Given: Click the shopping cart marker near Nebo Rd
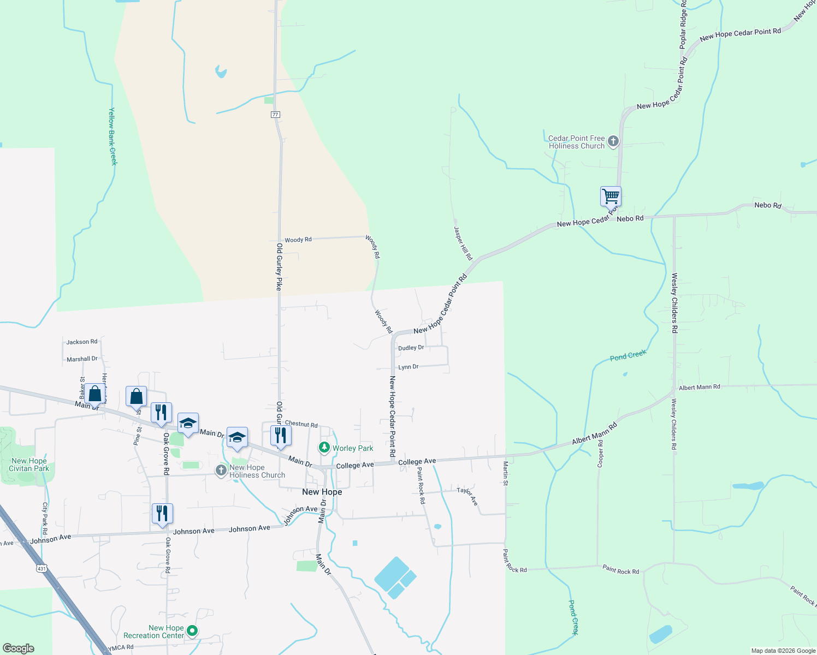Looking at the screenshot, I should coord(611,196).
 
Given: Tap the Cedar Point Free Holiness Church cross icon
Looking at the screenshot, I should coord(613,142).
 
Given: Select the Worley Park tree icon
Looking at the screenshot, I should coord(324,448).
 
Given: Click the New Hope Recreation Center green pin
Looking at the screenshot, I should coord(192,631).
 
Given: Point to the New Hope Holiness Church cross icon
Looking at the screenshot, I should coord(221,471).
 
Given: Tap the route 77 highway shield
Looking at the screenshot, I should coord(275,115).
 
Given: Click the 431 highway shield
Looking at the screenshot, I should coord(42,569).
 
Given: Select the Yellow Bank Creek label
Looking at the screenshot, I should coord(113,136).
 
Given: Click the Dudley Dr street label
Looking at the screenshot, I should coord(411,348).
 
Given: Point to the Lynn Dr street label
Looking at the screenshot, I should coord(408,367).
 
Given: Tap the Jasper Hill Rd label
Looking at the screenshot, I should coord(463,243).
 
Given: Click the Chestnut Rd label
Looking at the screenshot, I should coord(301,424).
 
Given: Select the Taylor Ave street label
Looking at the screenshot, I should coord(467,496).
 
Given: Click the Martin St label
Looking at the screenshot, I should coord(506,473).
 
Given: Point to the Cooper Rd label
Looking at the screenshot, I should coord(600,454).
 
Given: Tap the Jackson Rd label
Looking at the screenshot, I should coord(82,342).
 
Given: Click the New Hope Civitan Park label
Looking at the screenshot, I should coord(29,465).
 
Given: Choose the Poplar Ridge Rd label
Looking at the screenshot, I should coord(683,25).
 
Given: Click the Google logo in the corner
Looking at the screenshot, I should coord(18,648).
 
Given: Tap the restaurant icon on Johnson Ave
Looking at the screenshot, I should coord(162,514).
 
